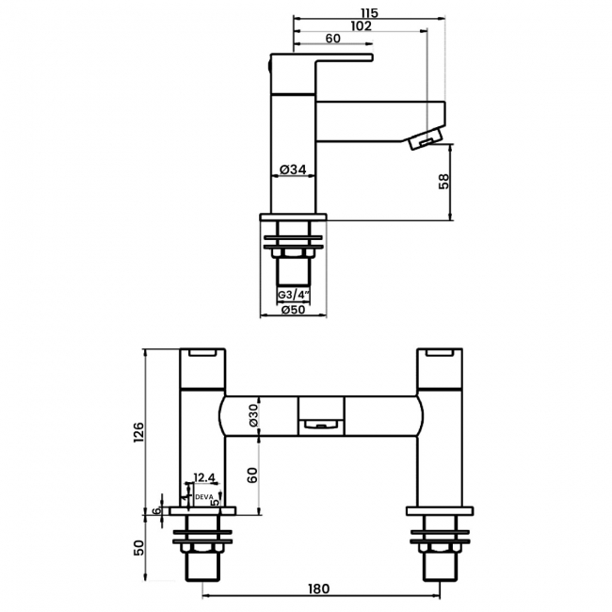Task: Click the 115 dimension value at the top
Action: [x=370, y=13]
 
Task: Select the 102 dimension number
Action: [x=361, y=26]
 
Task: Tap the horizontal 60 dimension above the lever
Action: [x=332, y=39]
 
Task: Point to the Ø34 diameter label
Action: [x=293, y=169]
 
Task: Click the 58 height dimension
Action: [x=444, y=182]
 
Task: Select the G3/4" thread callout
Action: [x=294, y=295]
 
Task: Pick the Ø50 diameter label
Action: [x=293, y=310]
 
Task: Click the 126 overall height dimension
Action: [x=139, y=432]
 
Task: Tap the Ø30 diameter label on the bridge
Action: [x=253, y=415]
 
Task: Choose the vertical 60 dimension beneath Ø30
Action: [x=253, y=475]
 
